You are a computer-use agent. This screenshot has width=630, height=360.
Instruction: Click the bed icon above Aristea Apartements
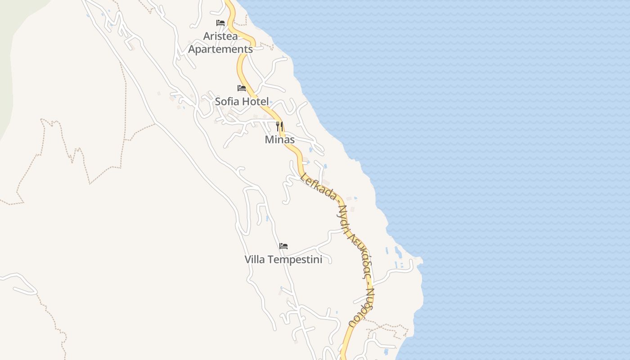[x=220, y=22]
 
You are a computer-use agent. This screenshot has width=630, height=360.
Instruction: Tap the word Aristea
[x=220, y=36]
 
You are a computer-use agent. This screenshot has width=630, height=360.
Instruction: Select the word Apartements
[x=220, y=49]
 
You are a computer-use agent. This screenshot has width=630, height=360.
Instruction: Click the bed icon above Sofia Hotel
[x=242, y=88]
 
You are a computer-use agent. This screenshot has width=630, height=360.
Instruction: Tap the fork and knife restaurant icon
[x=279, y=126]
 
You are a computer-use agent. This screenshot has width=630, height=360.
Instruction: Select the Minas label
[x=279, y=139]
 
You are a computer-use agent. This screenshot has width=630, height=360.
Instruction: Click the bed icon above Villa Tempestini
[x=283, y=246]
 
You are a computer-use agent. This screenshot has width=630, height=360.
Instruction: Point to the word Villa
[x=254, y=260]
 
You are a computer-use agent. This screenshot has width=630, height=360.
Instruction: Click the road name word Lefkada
[x=319, y=186]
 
